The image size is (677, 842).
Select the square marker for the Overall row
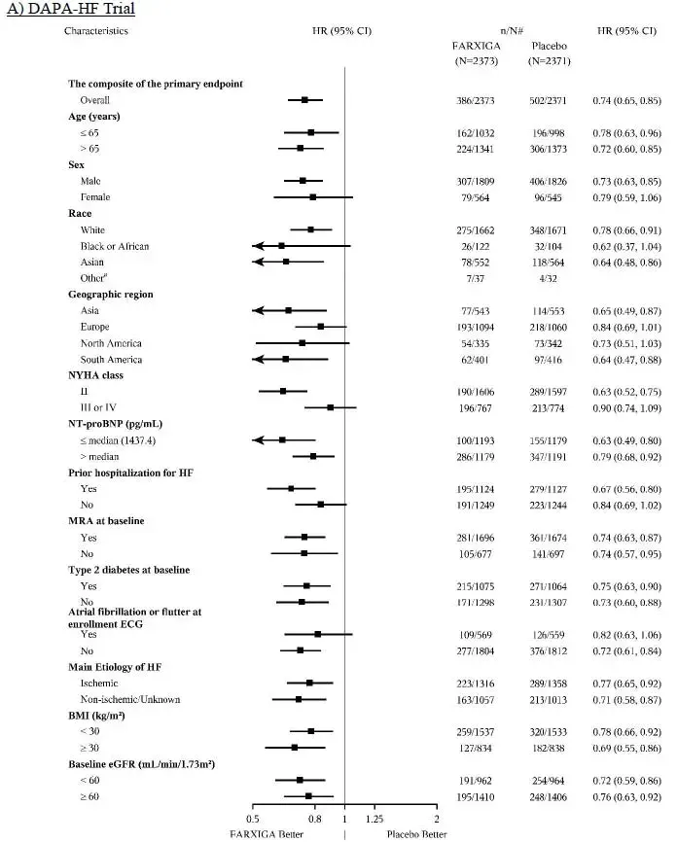[304, 99]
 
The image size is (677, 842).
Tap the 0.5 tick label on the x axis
[253, 819]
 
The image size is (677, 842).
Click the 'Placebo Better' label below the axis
[417, 834]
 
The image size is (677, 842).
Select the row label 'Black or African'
[115, 246]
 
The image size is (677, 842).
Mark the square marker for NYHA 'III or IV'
[331, 407]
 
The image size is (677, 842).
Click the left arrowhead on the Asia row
[256, 310]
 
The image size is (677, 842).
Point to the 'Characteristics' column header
[96, 30]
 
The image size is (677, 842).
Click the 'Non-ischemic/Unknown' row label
[130, 699]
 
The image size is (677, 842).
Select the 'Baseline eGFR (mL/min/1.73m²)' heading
[141, 764]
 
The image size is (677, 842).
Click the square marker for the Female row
[312, 196]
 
